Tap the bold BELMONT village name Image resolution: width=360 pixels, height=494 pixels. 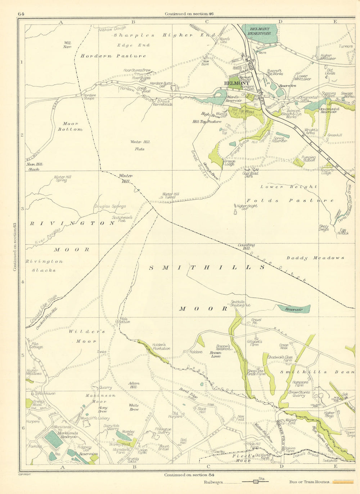[237, 83]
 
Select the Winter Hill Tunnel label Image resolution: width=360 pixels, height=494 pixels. [171, 195]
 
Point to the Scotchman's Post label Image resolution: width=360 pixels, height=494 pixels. [122, 219]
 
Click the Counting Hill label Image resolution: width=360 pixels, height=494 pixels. [246, 246]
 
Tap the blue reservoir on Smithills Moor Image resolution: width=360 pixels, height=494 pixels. [293, 309]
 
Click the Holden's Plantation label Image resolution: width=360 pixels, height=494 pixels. [161, 346]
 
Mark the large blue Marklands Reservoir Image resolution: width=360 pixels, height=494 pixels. [54, 439]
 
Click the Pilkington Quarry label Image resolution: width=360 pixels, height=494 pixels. [163, 431]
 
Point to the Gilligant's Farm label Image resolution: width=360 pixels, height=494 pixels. [255, 343]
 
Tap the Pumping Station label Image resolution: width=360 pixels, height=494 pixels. [309, 159]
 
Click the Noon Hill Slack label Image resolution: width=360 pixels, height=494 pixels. [35, 166]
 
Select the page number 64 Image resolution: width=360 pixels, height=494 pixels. [21, 14]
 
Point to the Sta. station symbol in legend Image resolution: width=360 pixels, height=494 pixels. [256, 482]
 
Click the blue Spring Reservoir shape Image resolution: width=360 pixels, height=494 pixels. [283, 135]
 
